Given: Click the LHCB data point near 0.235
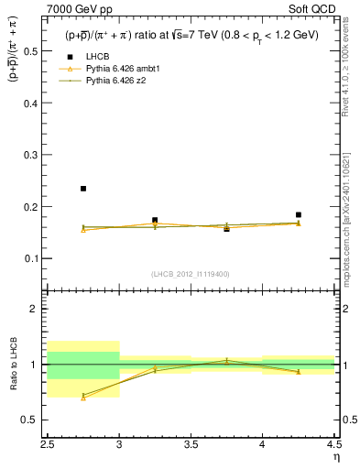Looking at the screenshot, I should [x=83, y=189].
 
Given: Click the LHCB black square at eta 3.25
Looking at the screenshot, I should [x=155, y=220].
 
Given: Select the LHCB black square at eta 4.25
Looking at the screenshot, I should [x=299, y=214].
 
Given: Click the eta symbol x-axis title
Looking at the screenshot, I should [x=335, y=455].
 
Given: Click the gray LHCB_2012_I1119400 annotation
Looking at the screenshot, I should [x=191, y=274].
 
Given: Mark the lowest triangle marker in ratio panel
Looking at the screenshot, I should [x=83, y=398].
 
